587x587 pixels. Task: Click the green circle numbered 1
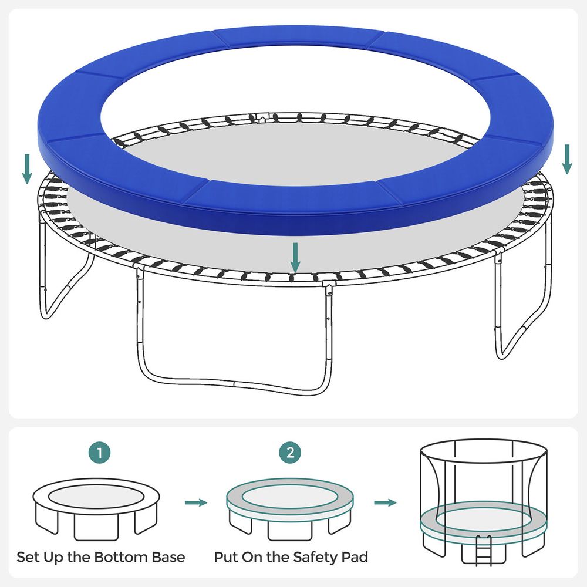pos(100,453)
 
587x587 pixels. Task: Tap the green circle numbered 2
pos(290,453)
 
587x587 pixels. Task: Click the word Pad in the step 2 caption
pos(355,557)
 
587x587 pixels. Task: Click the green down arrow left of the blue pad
pos(27,169)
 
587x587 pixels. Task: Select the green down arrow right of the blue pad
pos(567,160)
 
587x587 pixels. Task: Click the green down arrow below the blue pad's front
pos(295,258)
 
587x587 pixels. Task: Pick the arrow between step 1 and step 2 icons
pos(196,502)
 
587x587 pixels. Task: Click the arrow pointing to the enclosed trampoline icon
pos(385,502)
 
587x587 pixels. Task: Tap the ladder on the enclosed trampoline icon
pos(484,551)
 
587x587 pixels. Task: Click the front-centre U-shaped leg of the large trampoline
pos(234,384)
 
